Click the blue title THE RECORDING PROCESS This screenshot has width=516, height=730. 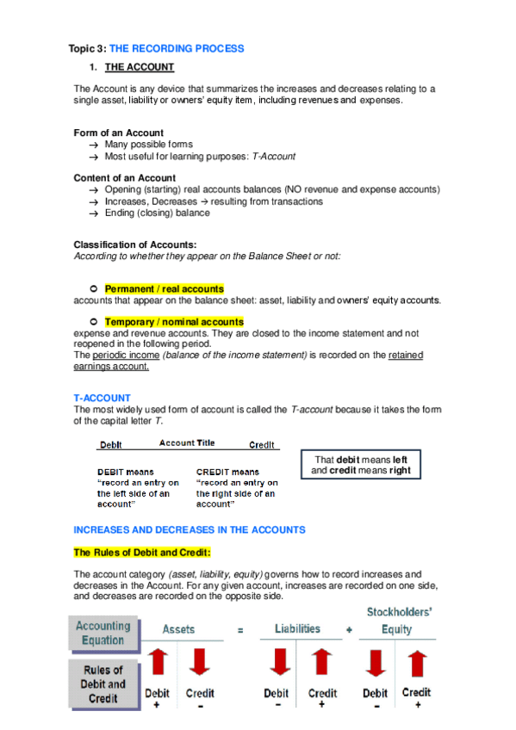pyautogui.click(x=177, y=49)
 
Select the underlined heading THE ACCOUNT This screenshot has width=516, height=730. pyautogui.click(x=140, y=67)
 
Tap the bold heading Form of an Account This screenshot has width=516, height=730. pyautogui.click(x=119, y=133)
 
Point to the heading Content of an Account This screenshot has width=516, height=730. pyautogui.click(x=125, y=178)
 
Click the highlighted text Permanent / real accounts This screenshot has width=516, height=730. pyautogui.click(x=164, y=289)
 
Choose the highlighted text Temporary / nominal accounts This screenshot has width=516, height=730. pyautogui.click(x=174, y=322)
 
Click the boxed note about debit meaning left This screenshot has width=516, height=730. pyautogui.click(x=361, y=465)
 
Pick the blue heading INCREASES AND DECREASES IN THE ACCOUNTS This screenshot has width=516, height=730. pyautogui.click(x=190, y=529)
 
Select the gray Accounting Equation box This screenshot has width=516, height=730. pyautogui.click(x=103, y=633)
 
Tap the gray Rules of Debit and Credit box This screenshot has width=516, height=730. pyautogui.click(x=104, y=684)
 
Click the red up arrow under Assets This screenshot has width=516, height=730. pyautogui.click(x=158, y=665)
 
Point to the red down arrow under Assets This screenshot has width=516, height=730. pyautogui.click(x=199, y=665)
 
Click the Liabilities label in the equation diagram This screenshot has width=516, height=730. pyautogui.click(x=298, y=629)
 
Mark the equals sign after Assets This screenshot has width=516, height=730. pyautogui.click(x=240, y=631)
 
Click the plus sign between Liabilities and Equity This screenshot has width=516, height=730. pyautogui.click(x=349, y=630)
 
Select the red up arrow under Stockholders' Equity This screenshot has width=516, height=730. pyautogui.click(x=417, y=665)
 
